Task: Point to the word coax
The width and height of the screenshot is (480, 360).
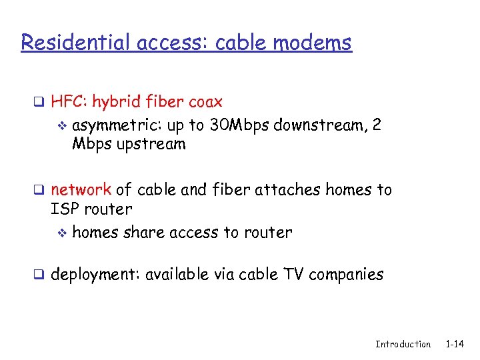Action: [205, 103]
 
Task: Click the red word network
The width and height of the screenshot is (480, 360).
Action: [81, 190]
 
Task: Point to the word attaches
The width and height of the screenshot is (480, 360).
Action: [291, 190]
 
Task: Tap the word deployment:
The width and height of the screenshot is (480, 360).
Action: [95, 275]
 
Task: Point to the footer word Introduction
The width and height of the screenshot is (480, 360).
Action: [403, 345]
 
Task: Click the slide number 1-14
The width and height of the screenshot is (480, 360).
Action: [454, 345]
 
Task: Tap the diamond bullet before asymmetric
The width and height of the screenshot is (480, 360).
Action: [63, 125]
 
